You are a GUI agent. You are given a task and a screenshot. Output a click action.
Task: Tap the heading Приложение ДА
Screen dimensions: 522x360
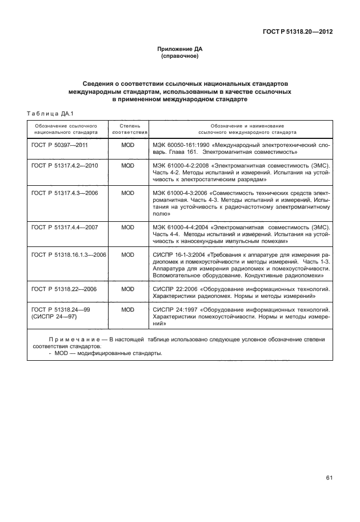point(180,50)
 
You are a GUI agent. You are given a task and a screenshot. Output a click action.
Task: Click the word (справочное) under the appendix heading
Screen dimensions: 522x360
point(180,57)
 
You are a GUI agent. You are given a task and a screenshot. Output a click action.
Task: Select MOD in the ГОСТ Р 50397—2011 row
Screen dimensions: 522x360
point(128,145)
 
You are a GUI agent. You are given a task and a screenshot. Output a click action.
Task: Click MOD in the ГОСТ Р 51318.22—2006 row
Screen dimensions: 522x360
point(128,289)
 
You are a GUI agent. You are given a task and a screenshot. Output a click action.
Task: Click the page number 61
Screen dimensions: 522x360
point(329,478)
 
